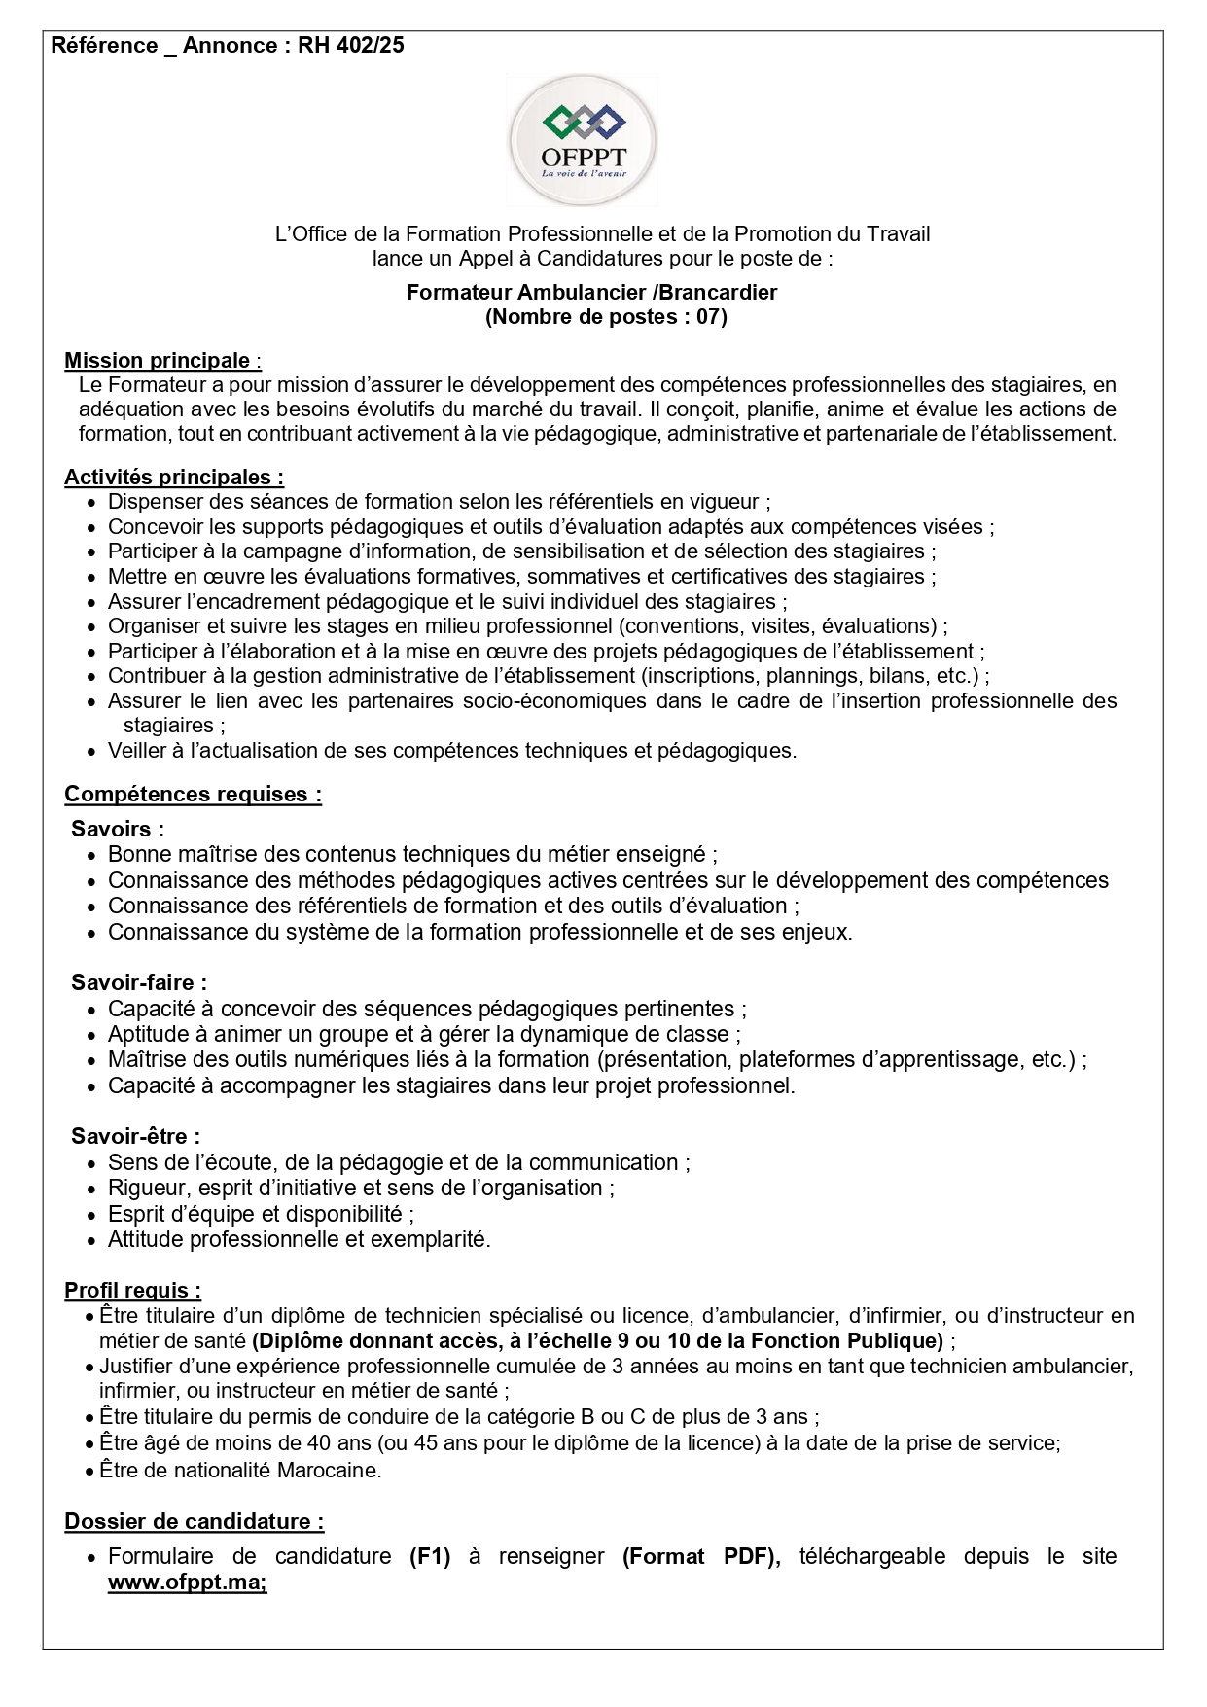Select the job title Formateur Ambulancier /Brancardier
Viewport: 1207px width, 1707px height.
tap(591, 291)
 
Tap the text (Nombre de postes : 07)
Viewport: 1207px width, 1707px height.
tap(605, 316)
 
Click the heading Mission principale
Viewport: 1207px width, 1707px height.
tap(158, 361)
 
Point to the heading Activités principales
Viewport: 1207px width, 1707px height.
tap(173, 477)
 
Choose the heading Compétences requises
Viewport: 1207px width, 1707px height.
tap(193, 794)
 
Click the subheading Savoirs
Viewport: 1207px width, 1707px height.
tap(117, 829)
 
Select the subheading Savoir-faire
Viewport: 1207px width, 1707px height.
tap(138, 982)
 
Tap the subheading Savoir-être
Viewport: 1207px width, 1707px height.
tap(135, 1136)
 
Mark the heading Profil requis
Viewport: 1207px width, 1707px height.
tap(132, 1290)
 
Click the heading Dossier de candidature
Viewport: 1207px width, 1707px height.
tap(194, 1521)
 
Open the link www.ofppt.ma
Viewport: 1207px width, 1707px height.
tap(186, 1582)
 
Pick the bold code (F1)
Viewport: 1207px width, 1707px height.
tap(430, 1556)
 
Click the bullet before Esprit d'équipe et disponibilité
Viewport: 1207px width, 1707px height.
tap(91, 1214)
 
